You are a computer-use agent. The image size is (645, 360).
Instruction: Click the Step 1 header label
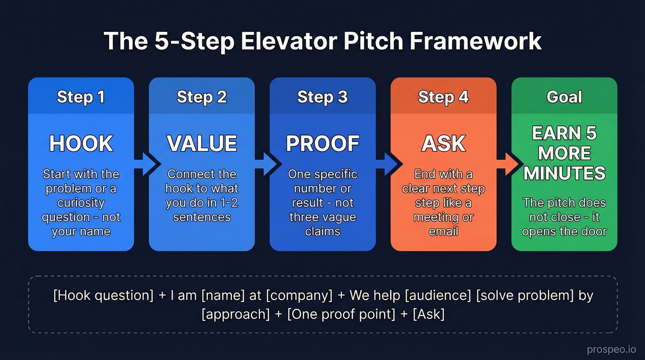pos(81,97)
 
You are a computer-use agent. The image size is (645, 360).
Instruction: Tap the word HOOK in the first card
pos(81,143)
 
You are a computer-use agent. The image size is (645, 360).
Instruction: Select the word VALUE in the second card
pos(202,143)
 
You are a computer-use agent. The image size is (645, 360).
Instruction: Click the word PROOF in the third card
pos(322,143)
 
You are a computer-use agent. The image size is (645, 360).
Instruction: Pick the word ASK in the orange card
pos(443,143)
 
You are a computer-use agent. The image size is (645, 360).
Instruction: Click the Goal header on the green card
pos(564,97)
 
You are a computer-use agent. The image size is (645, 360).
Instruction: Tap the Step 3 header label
pos(322,97)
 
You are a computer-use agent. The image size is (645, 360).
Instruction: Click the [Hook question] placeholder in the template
pos(103,295)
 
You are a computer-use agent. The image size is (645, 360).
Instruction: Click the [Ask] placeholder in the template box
pos(429,314)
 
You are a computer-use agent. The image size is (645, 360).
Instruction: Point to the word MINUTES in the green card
pos(564,173)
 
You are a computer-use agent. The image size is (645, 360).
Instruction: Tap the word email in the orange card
pos(443,231)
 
